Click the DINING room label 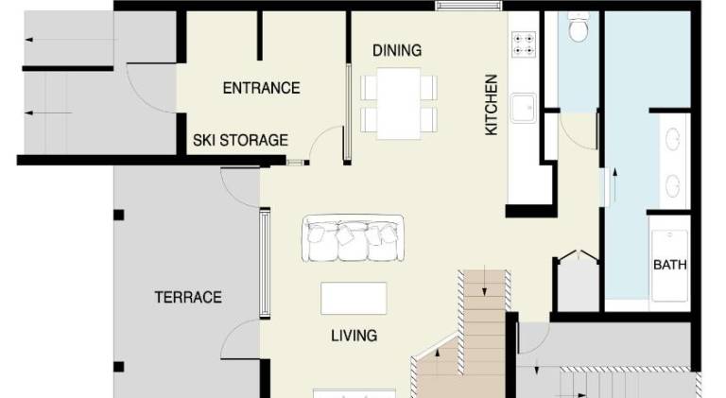tap(397, 50)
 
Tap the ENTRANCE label tap(261, 88)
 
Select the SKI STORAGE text tap(240, 140)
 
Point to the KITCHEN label tap(491, 105)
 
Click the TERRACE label tap(188, 297)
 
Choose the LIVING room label tap(354, 335)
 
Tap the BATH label tap(669, 265)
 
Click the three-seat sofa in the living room tap(353, 238)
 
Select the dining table tap(399, 103)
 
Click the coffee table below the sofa tap(354, 299)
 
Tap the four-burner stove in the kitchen tap(524, 43)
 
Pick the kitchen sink tap(524, 108)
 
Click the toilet tap(579, 27)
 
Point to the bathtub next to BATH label tap(669, 266)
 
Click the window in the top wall tap(469, 6)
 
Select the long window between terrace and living tap(265, 264)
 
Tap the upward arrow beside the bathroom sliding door tap(614, 185)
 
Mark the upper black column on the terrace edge tap(119, 215)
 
